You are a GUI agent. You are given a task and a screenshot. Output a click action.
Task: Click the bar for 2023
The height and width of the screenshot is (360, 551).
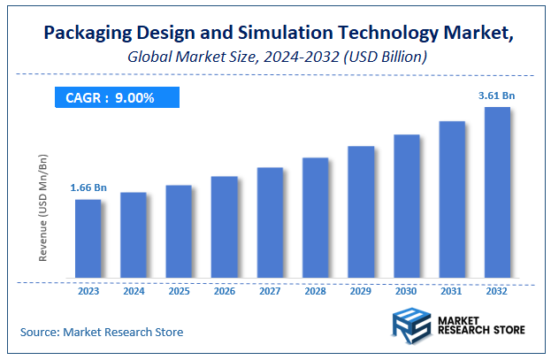point(88,240)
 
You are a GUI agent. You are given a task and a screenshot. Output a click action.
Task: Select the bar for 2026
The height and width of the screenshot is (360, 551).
point(225,228)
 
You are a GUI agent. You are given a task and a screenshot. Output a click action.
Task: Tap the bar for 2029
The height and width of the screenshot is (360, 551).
point(361,213)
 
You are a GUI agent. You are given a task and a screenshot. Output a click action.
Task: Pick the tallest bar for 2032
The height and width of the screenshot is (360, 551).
point(498,194)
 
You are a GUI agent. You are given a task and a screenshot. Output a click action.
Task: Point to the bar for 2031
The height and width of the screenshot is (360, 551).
point(452,201)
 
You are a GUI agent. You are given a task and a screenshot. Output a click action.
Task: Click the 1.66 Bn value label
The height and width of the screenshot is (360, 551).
point(88,188)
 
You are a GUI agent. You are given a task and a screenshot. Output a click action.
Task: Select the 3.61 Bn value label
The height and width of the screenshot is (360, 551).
point(497,95)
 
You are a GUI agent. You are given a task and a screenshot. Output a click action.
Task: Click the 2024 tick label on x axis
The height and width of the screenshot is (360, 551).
point(134,291)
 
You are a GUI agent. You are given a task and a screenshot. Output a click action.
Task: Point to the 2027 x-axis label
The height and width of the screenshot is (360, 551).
point(270,291)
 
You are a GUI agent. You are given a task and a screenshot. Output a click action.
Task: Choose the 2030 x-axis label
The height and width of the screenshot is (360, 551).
point(407,291)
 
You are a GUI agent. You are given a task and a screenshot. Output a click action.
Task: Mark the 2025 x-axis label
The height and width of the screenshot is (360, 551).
point(179,291)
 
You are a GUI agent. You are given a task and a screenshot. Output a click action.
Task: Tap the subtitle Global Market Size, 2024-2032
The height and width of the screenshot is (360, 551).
point(275,57)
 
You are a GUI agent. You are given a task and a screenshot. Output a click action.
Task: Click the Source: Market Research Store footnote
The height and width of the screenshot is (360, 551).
point(102,333)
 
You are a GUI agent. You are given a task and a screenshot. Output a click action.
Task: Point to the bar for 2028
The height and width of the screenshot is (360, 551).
point(316,219)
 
